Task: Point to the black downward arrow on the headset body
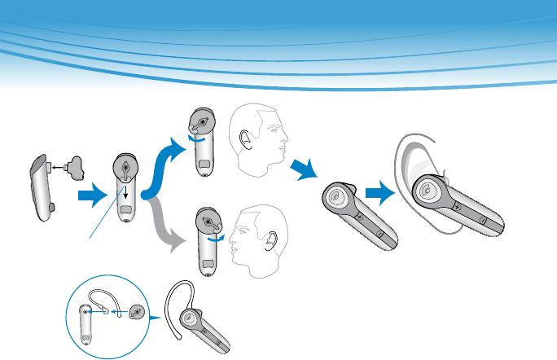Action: [125, 189]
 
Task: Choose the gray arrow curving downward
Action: [168, 230]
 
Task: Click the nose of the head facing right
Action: [287, 147]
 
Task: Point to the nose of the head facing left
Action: [230, 239]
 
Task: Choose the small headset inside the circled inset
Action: [88, 326]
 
